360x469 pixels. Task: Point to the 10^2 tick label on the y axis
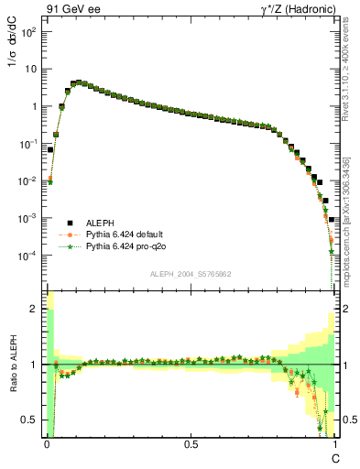[28, 32]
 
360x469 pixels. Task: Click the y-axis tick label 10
[30, 69]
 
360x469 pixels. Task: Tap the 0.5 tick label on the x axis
[191, 443]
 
